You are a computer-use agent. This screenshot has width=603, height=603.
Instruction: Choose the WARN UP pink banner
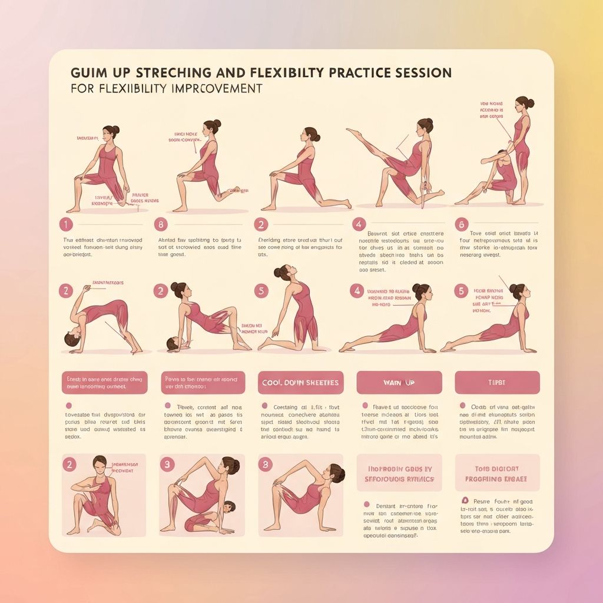399,383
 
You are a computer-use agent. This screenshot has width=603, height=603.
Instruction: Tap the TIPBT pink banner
497,383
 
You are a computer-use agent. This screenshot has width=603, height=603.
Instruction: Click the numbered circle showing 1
66,224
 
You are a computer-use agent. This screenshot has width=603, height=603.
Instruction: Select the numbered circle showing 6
461,224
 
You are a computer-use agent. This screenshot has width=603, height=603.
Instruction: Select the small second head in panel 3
227,508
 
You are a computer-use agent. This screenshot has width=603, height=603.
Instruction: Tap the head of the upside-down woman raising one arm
71,340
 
